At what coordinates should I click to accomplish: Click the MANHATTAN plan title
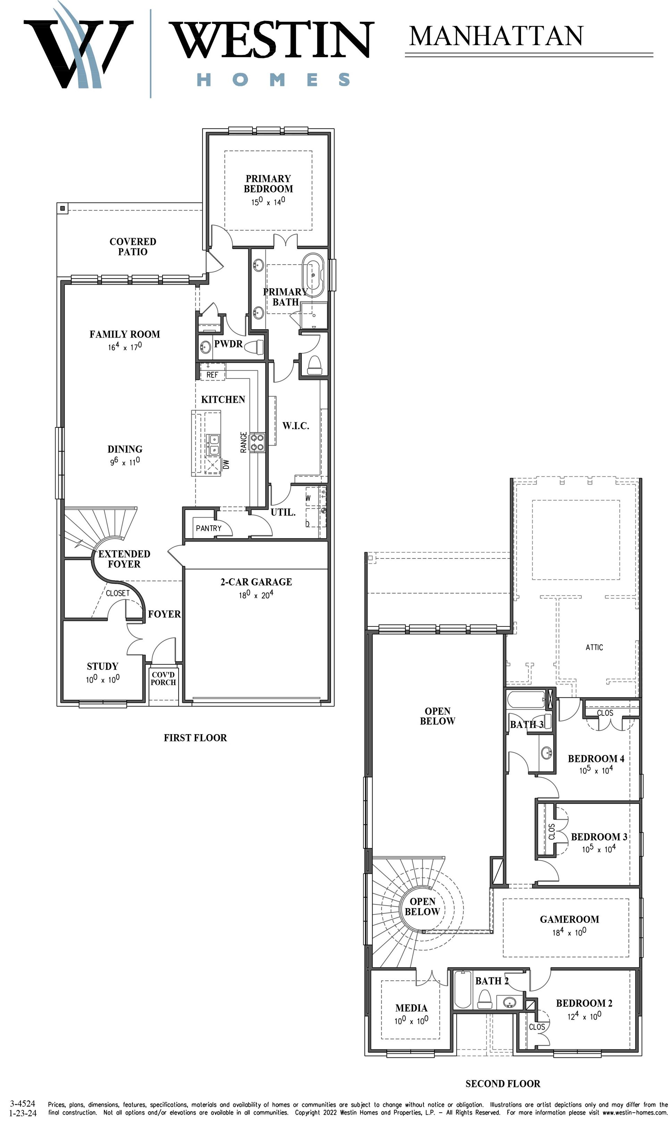point(496,36)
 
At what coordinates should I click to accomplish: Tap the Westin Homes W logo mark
point(78,50)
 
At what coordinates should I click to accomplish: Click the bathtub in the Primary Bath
point(313,275)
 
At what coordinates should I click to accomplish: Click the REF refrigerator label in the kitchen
point(212,375)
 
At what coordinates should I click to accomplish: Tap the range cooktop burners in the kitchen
point(257,442)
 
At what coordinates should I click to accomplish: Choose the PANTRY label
point(208,528)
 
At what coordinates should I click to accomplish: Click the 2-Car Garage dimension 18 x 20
point(256,595)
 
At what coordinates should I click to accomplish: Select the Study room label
point(103,666)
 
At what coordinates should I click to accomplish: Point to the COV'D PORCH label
point(163,679)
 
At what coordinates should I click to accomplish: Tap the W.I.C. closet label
point(296,425)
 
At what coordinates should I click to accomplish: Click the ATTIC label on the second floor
point(594,647)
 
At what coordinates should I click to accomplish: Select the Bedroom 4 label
point(596,758)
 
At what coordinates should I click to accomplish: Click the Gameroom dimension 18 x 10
point(569,932)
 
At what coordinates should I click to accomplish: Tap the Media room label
point(411,1008)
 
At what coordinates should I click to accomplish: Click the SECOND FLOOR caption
point(503,1083)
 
